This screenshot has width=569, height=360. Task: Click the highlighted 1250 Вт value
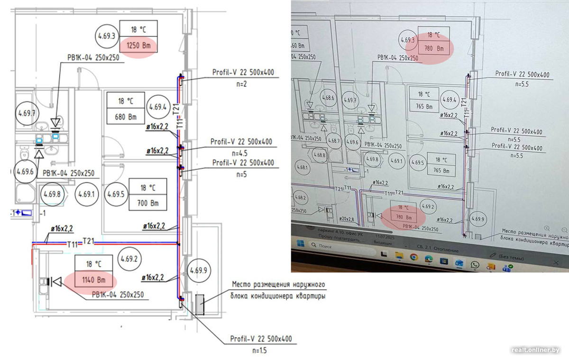138,47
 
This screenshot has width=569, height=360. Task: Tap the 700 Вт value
148,203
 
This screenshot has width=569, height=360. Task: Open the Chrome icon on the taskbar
413,257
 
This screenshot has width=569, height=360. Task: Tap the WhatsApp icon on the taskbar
475,265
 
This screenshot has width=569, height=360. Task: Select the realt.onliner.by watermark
535,350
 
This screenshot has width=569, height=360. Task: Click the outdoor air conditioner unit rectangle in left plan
200,305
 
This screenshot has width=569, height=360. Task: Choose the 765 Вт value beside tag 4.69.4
425,107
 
